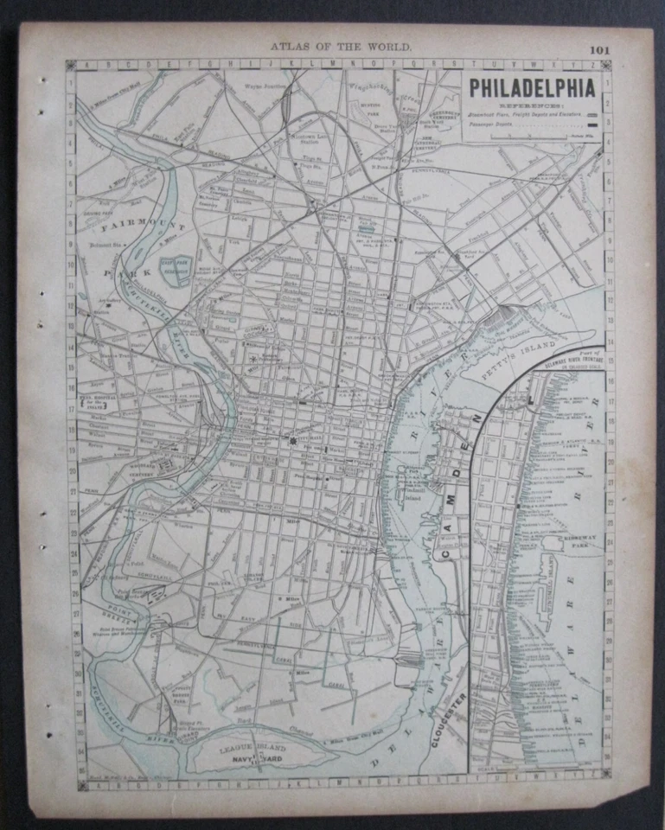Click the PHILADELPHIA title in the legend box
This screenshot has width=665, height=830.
click(533, 88)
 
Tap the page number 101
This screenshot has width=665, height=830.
click(599, 49)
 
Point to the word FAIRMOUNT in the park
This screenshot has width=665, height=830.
click(131, 229)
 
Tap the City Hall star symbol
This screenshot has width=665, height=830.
click(292, 440)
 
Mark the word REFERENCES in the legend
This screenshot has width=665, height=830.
click(532, 105)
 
